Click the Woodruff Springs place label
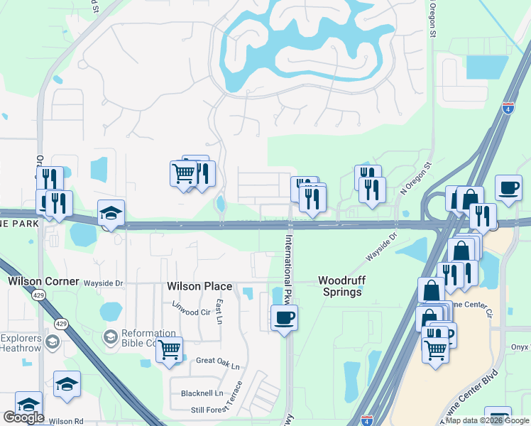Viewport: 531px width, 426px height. [341, 286]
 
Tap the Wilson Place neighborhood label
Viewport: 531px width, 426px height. [199, 286]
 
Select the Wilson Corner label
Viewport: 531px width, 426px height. [43, 281]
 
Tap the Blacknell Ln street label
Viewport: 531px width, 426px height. [202, 393]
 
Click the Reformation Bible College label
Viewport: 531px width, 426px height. [148, 338]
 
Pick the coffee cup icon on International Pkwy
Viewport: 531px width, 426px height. [284, 317]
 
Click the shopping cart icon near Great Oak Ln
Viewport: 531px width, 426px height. [169, 349]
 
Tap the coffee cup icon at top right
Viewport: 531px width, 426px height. [508, 188]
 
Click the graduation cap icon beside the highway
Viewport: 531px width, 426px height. [111, 214]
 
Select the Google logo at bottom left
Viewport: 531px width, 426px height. [23, 417]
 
